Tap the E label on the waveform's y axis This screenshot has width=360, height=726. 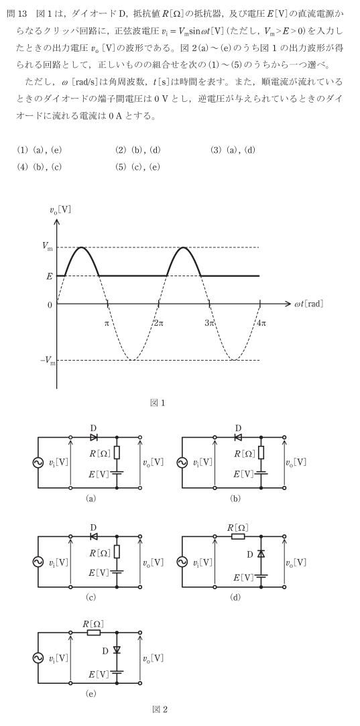click(48, 276)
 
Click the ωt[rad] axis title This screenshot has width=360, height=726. click(308, 304)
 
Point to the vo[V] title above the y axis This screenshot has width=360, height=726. click(60, 209)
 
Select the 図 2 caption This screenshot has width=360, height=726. click(159, 709)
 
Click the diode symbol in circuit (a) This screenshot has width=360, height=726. click(93, 437)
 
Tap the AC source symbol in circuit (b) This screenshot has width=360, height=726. click(182, 463)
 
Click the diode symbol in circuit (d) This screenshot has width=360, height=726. click(261, 554)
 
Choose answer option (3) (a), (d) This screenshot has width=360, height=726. click(233, 149)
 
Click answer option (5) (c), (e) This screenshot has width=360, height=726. click(137, 167)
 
